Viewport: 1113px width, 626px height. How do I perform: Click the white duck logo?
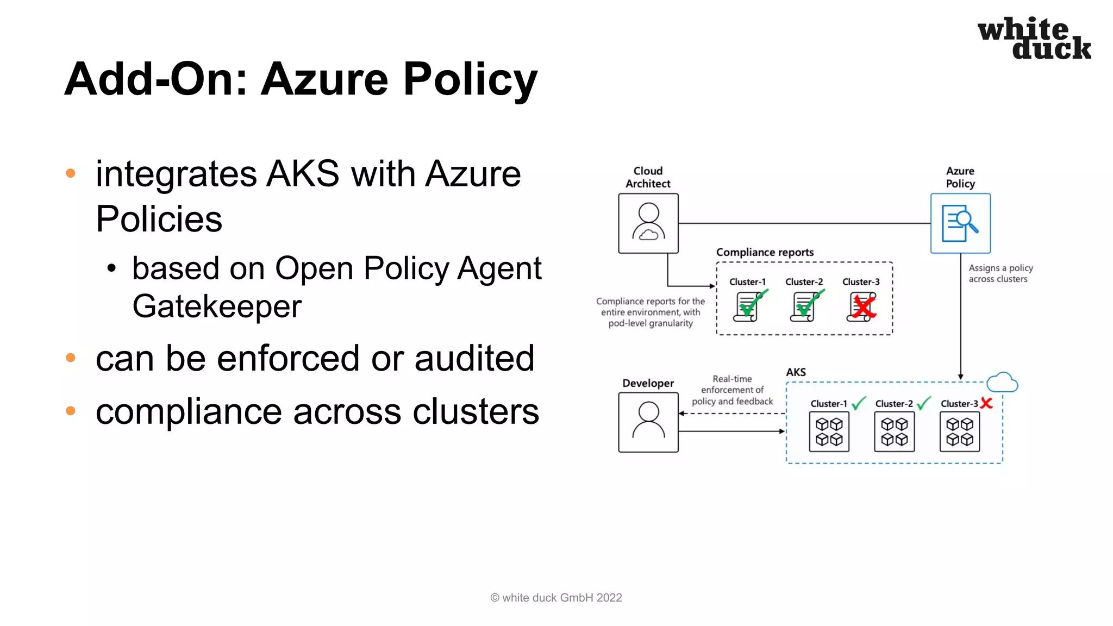[1034, 38]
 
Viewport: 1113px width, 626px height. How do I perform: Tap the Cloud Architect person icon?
[648, 223]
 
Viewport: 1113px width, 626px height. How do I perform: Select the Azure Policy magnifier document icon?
[960, 223]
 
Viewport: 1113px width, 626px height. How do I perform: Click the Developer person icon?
[648, 422]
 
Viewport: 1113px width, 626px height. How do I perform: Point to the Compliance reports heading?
[765, 252]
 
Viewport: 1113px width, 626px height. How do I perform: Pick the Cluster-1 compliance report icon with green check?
[749, 306]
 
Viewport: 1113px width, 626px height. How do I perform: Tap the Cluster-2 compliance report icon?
[806, 306]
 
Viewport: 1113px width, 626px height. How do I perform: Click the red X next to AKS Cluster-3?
[986, 403]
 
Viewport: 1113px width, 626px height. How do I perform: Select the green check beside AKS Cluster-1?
[859, 403]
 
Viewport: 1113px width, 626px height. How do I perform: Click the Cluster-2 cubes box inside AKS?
[894, 432]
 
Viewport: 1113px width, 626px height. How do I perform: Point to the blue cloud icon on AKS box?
[1002, 383]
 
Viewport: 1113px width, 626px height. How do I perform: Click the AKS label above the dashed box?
[796, 372]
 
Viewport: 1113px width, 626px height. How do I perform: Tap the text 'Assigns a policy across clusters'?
[1000, 273]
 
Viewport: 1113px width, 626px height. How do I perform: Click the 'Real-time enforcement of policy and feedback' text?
[732, 390]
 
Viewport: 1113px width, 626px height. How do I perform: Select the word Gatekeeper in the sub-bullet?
[217, 306]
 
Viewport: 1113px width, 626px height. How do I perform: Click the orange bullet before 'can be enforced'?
[71, 358]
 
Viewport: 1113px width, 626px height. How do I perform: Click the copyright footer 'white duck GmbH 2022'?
[556, 598]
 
